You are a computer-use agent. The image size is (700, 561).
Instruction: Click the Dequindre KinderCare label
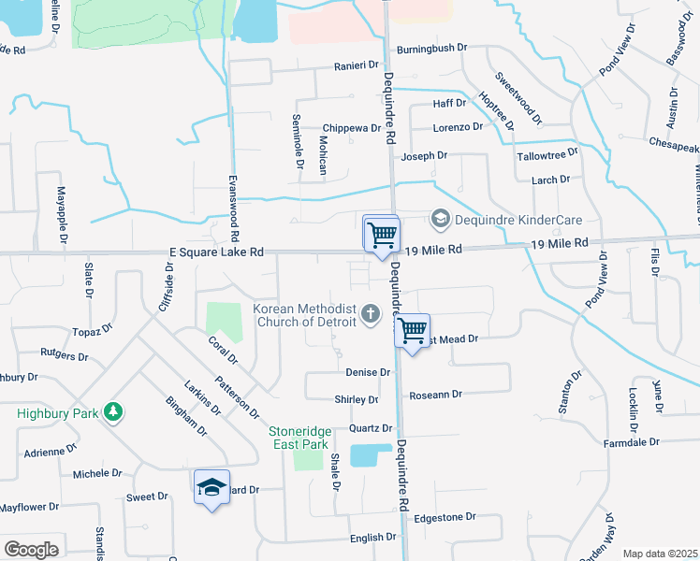point(518,220)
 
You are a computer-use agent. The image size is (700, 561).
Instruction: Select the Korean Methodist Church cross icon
point(372,313)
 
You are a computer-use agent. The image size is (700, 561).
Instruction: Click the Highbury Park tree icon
point(112,411)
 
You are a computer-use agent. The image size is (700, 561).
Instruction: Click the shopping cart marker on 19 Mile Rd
point(382,234)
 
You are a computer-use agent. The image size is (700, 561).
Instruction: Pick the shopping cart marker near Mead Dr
point(412,330)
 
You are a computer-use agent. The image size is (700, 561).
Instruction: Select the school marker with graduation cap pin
point(212,487)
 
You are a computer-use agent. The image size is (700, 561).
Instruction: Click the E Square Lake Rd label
point(217,252)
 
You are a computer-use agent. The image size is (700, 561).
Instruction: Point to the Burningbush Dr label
point(431,48)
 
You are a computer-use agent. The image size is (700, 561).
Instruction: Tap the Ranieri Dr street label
point(357,65)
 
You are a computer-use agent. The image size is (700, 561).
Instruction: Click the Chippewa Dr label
point(351,128)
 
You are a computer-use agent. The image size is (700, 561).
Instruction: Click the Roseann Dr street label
point(436,395)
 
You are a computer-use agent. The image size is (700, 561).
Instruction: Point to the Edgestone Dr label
point(445,516)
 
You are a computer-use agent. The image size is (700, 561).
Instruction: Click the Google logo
point(32,550)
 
